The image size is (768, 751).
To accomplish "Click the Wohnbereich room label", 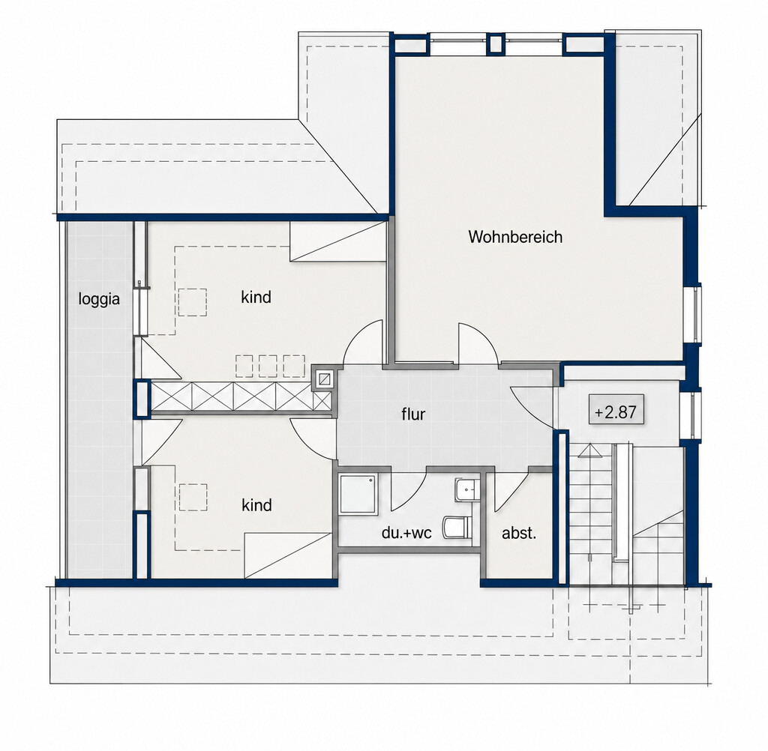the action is [x=515, y=237].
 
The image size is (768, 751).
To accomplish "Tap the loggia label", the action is [x=99, y=298].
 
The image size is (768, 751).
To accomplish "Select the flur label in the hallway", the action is [x=413, y=414].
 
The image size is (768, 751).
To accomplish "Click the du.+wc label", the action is [x=406, y=533].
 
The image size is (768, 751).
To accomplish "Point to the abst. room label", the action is [x=519, y=533].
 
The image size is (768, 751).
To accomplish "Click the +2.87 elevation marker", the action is [x=616, y=411].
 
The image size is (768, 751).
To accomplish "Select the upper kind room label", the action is [x=256, y=297].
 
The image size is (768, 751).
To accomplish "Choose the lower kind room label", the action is [x=256, y=504].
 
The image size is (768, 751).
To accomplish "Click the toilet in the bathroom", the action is [x=457, y=527].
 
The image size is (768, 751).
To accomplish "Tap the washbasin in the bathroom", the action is [x=467, y=489].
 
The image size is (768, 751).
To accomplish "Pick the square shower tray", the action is [x=358, y=494].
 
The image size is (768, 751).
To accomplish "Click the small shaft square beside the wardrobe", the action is [x=324, y=378].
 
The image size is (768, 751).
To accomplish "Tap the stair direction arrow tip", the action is [x=589, y=444].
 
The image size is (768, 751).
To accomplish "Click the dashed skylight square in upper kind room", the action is [x=193, y=303].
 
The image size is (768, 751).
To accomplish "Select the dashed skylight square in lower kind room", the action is [x=193, y=497].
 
